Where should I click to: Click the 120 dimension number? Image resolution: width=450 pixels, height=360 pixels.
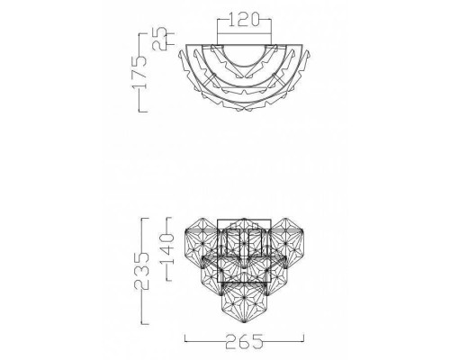point(244,20)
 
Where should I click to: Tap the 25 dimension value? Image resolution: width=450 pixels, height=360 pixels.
point(159,39)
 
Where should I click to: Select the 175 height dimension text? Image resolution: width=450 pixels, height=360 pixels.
point(139,72)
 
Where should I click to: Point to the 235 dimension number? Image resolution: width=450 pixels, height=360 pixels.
point(141,271)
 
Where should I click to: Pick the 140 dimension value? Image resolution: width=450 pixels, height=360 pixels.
point(166,248)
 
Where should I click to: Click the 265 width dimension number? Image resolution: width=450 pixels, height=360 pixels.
point(244,341)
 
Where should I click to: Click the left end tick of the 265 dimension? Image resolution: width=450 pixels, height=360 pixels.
point(184,338)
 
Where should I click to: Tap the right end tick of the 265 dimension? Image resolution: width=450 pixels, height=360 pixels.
point(303,338)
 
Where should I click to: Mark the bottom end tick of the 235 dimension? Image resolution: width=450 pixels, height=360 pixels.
point(145,324)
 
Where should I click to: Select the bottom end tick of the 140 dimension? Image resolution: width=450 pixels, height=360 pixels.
point(169,281)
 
